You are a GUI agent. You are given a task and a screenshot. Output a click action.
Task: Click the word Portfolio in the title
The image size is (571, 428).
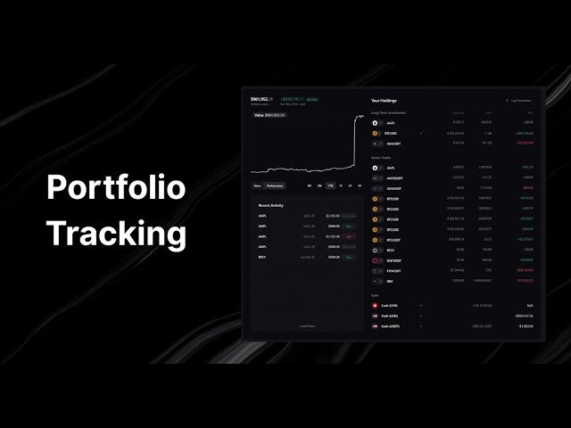coord(116,188)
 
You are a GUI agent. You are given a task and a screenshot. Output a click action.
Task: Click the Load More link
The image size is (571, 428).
coord(307,326)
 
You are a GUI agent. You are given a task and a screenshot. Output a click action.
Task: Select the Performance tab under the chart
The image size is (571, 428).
coord(275,185)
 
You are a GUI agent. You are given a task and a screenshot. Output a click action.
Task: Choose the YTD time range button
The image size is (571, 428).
coord(330,185)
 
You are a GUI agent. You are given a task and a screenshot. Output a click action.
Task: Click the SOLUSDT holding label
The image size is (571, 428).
coord(393,142)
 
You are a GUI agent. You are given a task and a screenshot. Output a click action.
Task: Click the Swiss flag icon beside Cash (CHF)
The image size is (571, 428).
coord(376,305)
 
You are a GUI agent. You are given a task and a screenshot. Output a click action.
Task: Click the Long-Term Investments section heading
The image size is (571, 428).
coord(388,113)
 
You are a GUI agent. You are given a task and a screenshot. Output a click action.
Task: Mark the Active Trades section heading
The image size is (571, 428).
coord(382,157)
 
